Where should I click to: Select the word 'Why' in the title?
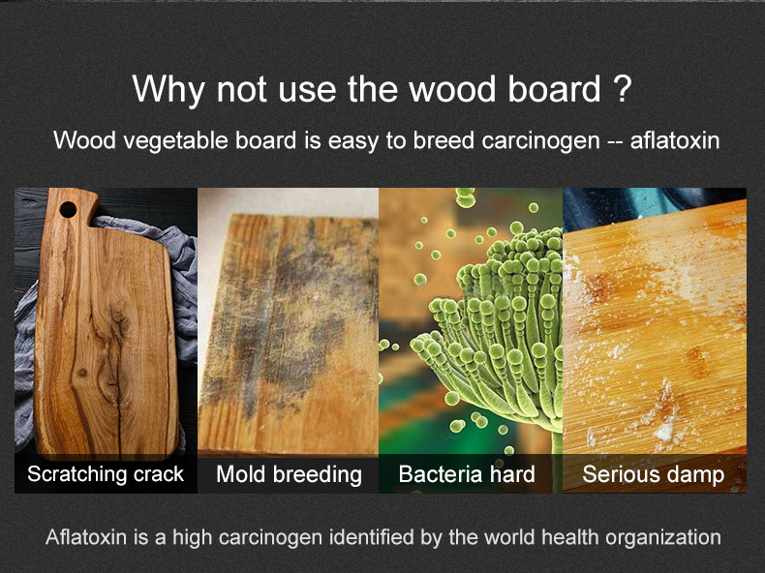click(x=168, y=90)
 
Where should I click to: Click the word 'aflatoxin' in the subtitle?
click(x=675, y=140)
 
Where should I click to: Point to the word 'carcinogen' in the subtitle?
click(x=540, y=141)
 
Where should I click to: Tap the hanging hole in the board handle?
click(x=68, y=210)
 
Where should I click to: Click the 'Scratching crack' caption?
click(x=106, y=474)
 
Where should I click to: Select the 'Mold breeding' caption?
click(x=289, y=474)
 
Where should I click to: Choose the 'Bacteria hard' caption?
click(x=467, y=474)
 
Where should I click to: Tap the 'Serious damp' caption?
click(x=654, y=474)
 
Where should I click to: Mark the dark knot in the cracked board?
click(x=82, y=373)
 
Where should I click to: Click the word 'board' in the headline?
click(x=554, y=89)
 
